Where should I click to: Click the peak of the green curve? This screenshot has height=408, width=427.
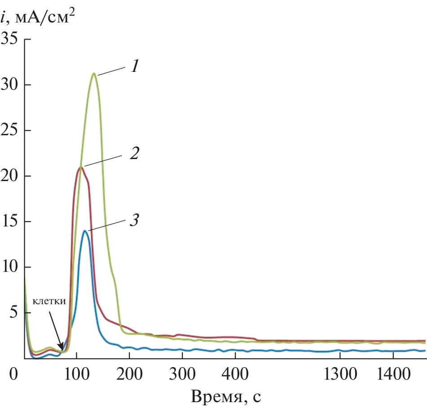point(94,73)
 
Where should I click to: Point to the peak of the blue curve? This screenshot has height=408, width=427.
point(85,231)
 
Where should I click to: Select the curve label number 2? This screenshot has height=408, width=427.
point(134,154)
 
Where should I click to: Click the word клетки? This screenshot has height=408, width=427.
point(49,301)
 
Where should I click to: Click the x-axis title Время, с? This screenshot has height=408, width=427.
point(226,396)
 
